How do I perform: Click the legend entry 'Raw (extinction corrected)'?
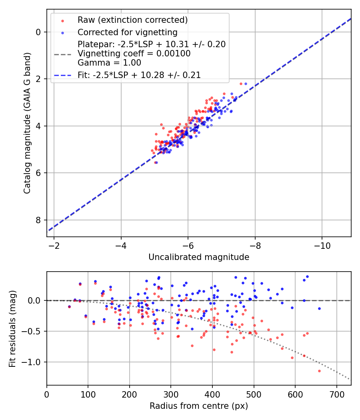pyautogui.click(x=132, y=20)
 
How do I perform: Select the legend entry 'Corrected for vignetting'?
pyautogui.click(x=128, y=32)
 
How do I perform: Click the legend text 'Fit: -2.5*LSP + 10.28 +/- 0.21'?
pyautogui.click(x=139, y=75)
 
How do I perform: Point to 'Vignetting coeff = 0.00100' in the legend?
pyautogui.click(x=134, y=54)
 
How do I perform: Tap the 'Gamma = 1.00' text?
pyautogui.click(x=109, y=63)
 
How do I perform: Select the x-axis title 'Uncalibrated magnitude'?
pyautogui.click(x=199, y=257)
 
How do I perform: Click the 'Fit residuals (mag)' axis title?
pyautogui.click(x=12, y=328)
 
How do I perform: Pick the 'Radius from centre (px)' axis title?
pyautogui.click(x=199, y=406)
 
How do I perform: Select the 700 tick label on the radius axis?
pyautogui.click(x=336, y=394)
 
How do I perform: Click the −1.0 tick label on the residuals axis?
pyautogui.click(x=32, y=362)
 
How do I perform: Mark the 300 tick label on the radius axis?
pyautogui.click(x=171, y=394)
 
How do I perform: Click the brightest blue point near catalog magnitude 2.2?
pyautogui.click(x=246, y=84)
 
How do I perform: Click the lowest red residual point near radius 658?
pyautogui.click(x=319, y=371)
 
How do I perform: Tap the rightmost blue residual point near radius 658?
pyautogui.click(x=319, y=308)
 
